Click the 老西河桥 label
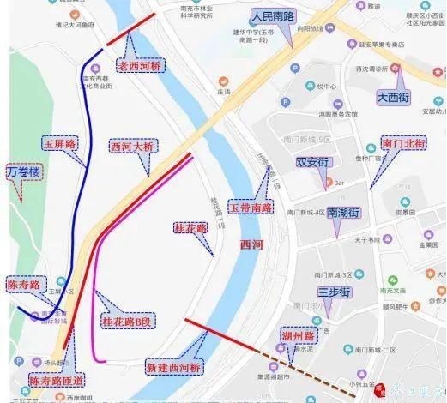(142, 64)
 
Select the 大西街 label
(396, 98)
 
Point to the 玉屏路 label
(60, 145)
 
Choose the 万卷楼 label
(23, 172)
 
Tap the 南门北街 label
(402, 143)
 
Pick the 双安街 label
(313, 161)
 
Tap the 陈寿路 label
(24, 284)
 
